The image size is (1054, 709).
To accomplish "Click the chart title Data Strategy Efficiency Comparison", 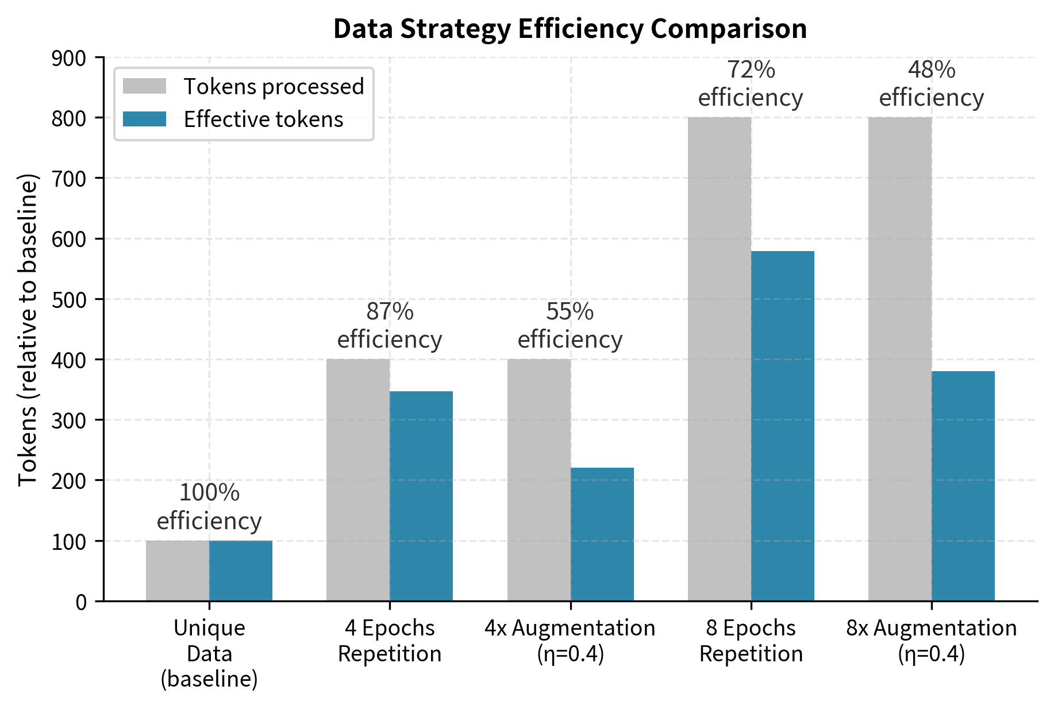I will pos(570,29).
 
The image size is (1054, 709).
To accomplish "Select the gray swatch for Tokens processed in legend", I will pos(144,86).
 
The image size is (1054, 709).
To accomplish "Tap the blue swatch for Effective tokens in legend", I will pos(144,119).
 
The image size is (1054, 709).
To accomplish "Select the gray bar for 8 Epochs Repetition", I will pos(720,359).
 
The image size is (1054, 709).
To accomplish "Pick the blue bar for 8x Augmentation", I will pos(963,486).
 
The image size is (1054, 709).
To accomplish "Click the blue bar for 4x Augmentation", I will pos(602,534).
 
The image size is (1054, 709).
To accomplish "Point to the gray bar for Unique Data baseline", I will pos(178,571).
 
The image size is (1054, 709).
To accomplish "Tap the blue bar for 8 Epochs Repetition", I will pos(783,426).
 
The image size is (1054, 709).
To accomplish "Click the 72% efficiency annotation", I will pos(751,84).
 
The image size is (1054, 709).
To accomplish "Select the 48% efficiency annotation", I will pos(932,84).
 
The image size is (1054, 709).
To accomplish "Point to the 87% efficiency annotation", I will pos(390,326).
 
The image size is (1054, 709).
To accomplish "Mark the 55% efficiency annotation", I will pos(570,326).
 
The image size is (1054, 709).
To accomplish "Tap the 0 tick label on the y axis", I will pos(81,602).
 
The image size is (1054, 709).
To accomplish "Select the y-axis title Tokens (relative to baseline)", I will pos(28,329).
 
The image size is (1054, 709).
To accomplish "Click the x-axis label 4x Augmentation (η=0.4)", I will pos(570,641).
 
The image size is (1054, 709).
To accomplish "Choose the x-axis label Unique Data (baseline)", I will pos(209,653).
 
